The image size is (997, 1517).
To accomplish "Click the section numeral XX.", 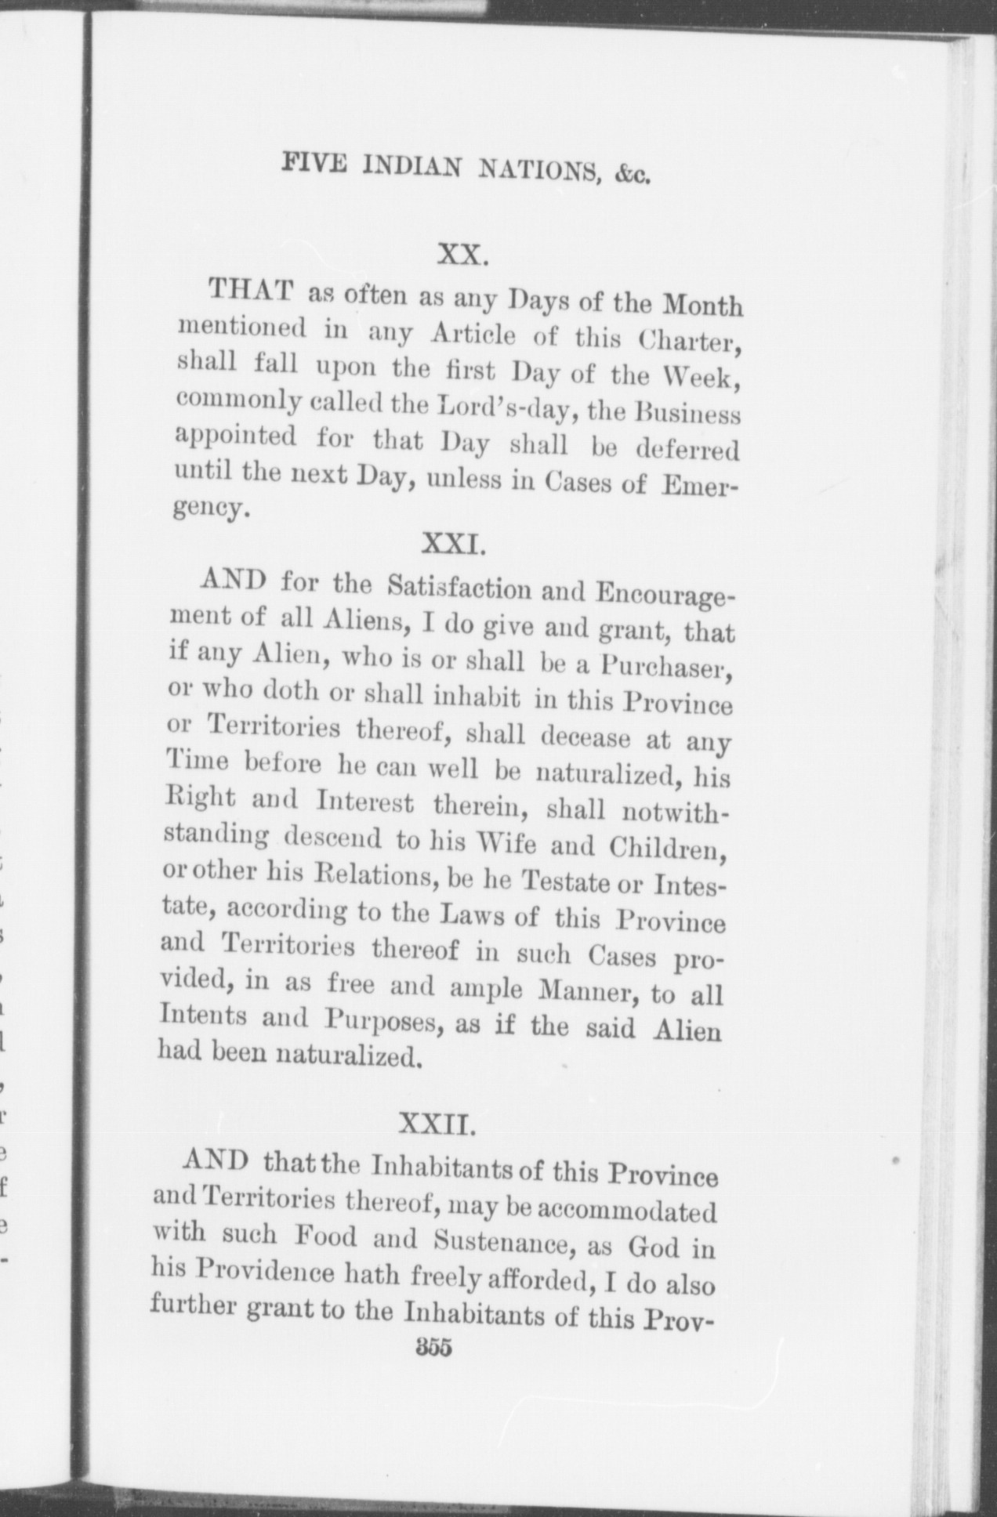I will point(463,255).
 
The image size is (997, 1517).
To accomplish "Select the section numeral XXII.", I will point(436,1127).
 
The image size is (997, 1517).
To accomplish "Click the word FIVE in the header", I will point(310,165).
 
